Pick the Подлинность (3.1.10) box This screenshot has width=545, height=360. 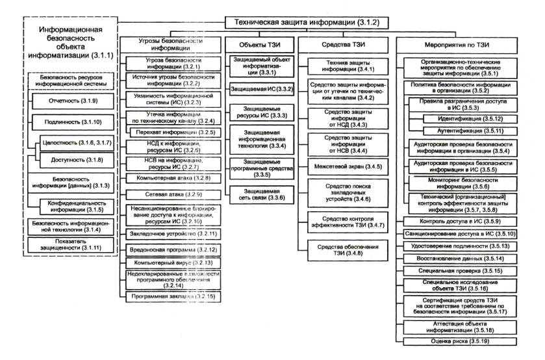point(69,121)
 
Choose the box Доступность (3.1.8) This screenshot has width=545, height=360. point(72,159)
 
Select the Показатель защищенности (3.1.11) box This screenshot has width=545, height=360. point(69,244)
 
